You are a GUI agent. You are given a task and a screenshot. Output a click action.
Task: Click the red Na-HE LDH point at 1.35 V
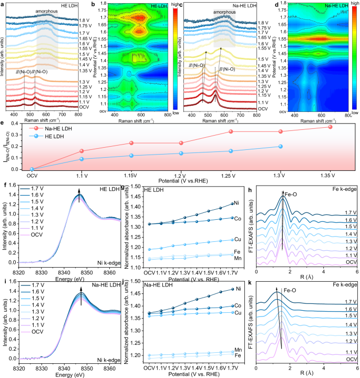tap(331, 127)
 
